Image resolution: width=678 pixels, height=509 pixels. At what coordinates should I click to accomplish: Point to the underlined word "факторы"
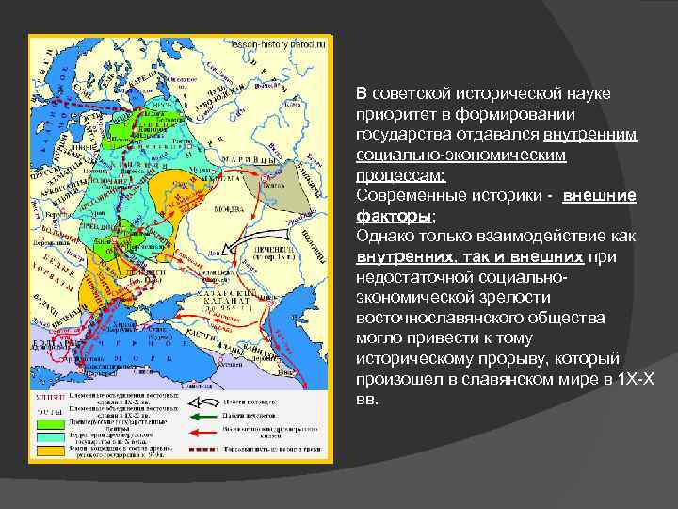pos(384,215)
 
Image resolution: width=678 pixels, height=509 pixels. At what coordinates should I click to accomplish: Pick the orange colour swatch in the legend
pos(47,450)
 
